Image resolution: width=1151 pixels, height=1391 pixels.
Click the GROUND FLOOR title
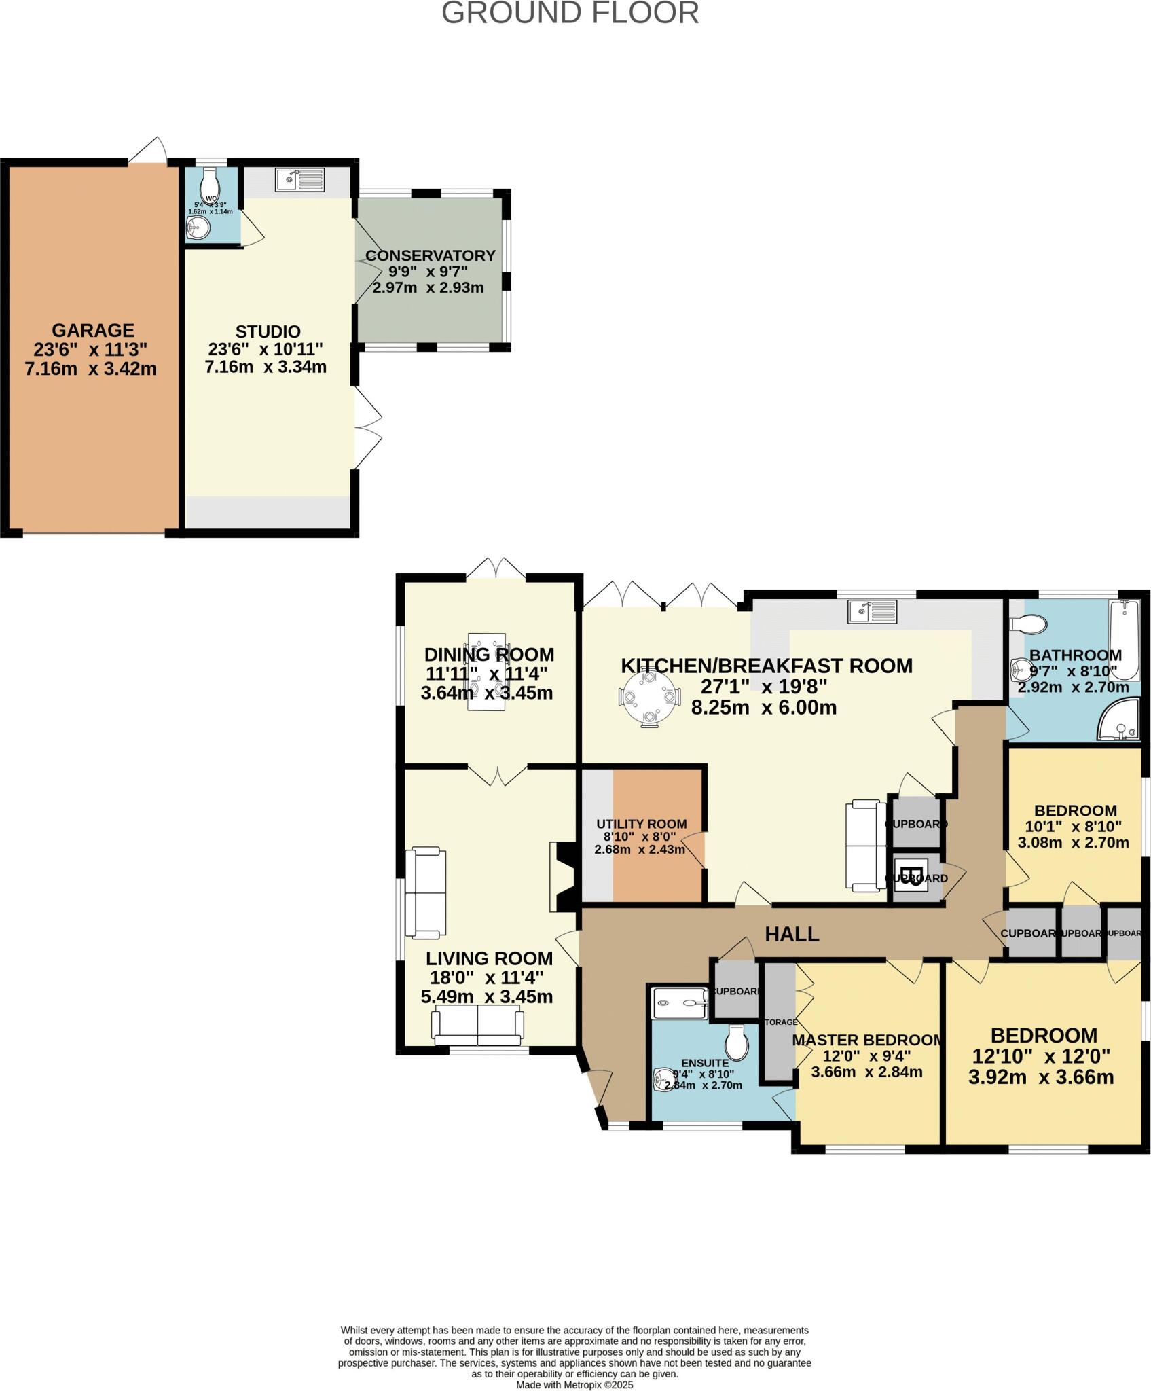pos(570,13)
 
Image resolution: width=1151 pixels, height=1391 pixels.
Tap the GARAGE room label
pos(93,331)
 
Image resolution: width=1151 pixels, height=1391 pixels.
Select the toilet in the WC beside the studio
pos(210,182)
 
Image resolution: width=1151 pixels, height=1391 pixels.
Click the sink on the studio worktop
pos(301,180)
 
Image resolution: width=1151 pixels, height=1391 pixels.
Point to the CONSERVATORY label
pos(430,256)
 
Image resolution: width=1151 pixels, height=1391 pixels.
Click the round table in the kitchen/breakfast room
pos(649,697)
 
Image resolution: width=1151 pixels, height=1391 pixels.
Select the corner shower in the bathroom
pos(1119,721)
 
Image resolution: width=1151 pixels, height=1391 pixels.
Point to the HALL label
pos(792,934)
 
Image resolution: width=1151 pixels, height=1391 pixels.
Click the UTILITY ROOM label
pos(641,824)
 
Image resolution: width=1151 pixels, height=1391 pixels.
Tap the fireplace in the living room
pos(564,876)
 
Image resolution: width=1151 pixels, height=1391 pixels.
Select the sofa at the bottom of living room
pos(478,1026)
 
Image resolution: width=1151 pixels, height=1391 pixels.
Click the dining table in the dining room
pos(487,672)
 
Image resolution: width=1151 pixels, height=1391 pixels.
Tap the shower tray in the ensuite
pos(679,1002)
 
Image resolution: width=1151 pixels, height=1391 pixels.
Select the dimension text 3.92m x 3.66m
pos(1041,1077)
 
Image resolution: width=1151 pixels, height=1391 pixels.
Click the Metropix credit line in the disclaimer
pos(574,1384)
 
